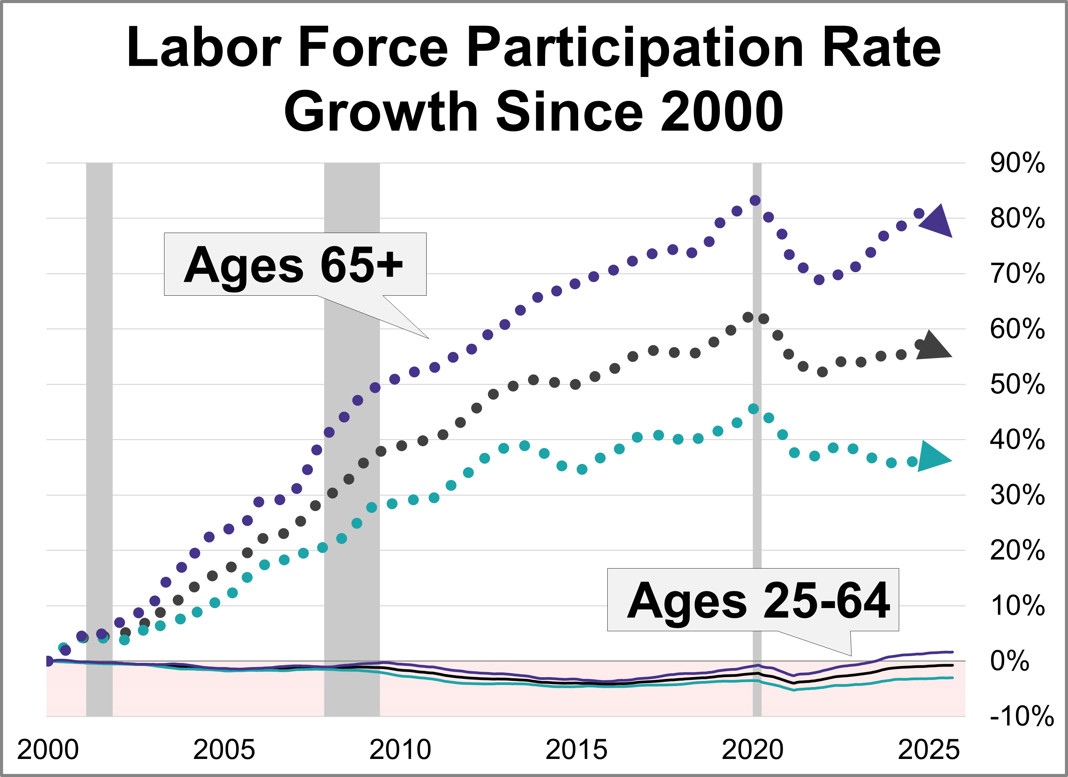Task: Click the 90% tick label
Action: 1017,163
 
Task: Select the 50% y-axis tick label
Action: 1017,385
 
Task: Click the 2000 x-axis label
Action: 48,750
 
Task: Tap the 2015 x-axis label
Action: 576,750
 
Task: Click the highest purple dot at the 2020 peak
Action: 755,200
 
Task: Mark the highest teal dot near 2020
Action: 753,408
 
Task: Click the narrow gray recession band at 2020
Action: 757,471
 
